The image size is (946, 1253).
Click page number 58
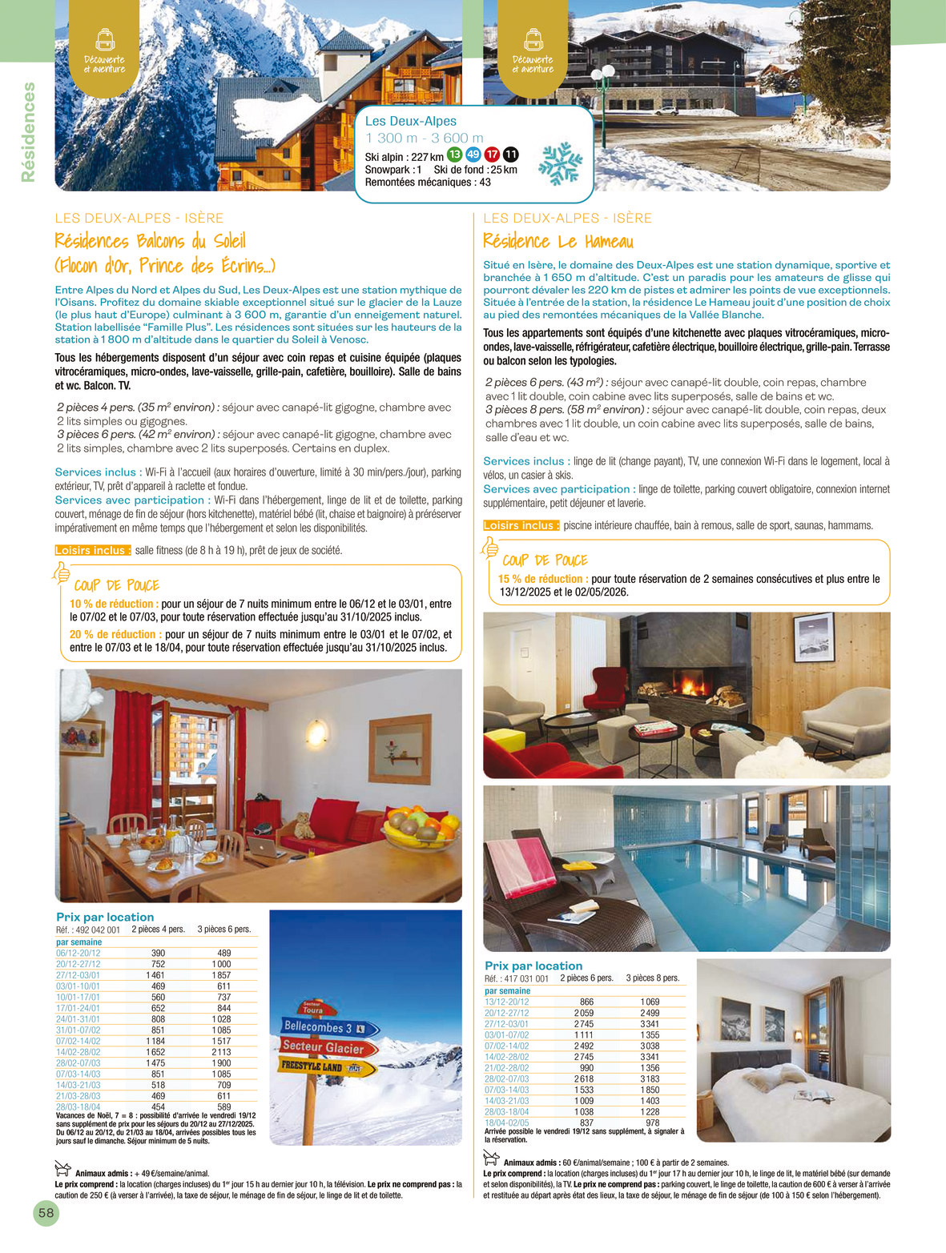[x=46, y=1213]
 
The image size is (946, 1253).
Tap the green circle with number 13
[x=454, y=155]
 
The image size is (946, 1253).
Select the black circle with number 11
[x=510, y=155]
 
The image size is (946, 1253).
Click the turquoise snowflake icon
[x=560, y=164]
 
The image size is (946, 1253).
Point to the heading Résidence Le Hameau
[x=558, y=241]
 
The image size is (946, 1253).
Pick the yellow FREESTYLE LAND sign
[x=325, y=1066]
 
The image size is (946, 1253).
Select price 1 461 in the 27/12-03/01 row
[x=155, y=975]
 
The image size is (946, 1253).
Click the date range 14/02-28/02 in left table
[x=78, y=1052]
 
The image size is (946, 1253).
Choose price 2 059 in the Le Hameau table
[x=584, y=1013]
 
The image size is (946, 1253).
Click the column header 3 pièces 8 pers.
[x=652, y=978]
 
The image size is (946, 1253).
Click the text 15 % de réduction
[x=542, y=579]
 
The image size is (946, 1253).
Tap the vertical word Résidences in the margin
[x=29, y=132]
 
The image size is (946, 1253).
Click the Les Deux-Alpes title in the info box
[x=410, y=121]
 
